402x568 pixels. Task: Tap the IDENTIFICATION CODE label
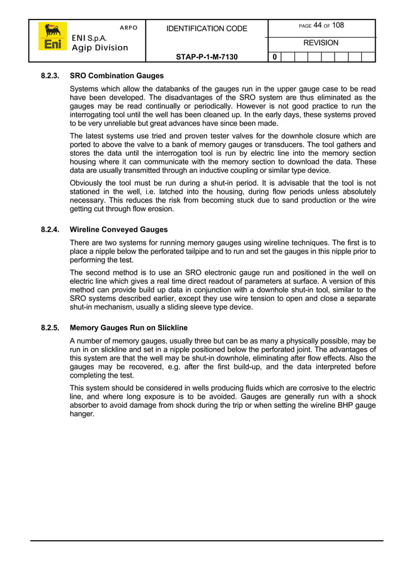click(206, 29)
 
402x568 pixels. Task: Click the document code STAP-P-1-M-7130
click(206, 57)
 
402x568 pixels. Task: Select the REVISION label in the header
click(321, 43)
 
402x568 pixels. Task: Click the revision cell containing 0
click(274, 57)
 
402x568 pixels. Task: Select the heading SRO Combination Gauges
click(117, 76)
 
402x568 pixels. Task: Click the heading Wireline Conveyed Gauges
click(118, 230)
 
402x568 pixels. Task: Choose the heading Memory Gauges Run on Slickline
click(129, 328)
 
